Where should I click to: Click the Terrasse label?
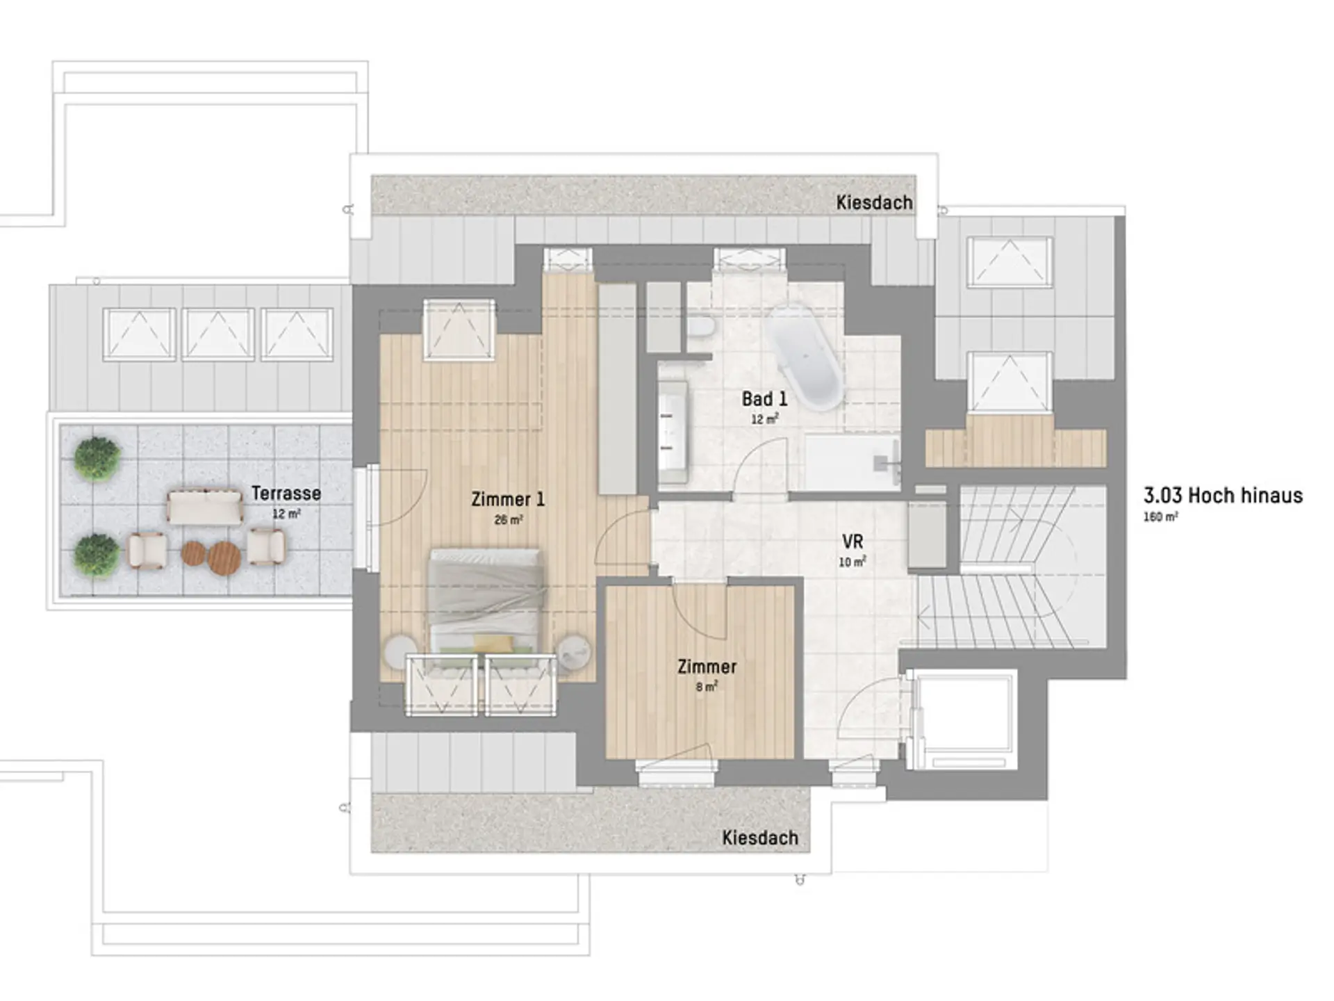(x=286, y=494)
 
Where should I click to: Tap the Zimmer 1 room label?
(x=508, y=499)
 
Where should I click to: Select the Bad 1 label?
(x=764, y=399)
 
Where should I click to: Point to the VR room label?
(x=853, y=542)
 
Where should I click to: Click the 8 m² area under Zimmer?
(x=707, y=687)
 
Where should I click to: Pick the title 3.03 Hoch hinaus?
(x=1223, y=496)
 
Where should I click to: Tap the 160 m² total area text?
(x=1160, y=517)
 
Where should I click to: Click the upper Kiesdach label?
(x=874, y=203)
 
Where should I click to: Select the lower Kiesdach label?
(x=760, y=838)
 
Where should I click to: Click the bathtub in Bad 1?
(x=805, y=355)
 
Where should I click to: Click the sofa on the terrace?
(x=205, y=507)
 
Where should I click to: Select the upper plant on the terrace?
(x=97, y=458)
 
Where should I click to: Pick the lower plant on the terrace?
(x=96, y=555)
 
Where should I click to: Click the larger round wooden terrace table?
(x=224, y=558)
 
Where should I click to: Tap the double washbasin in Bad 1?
(x=673, y=431)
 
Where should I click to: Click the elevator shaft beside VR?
(x=962, y=719)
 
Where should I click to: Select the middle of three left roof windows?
(x=217, y=334)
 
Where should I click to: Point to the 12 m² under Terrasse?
(x=286, y=514)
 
